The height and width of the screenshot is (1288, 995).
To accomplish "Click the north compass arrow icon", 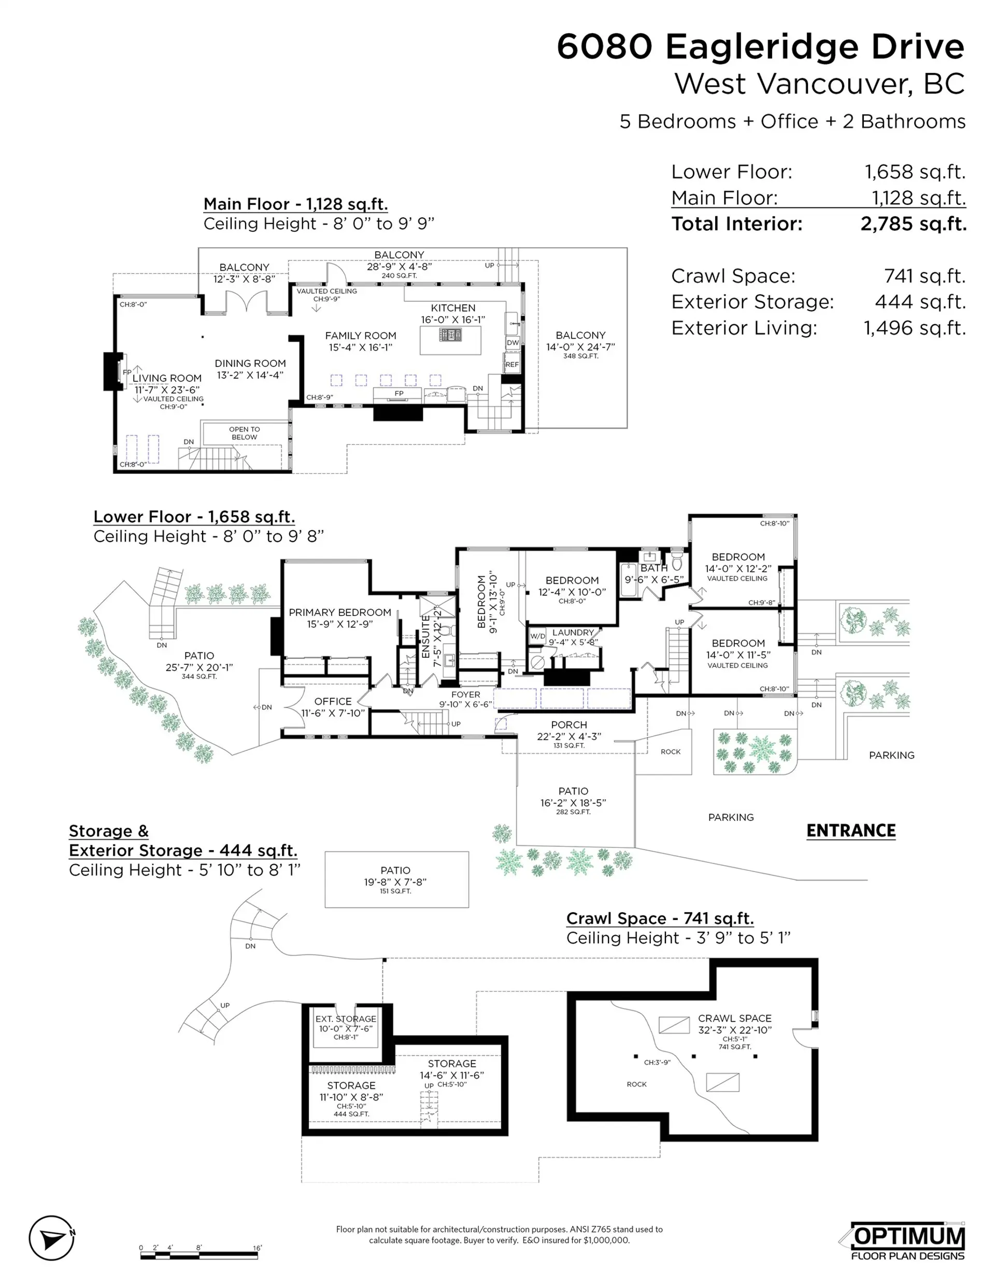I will pyautogui.click(x=52, y=1238).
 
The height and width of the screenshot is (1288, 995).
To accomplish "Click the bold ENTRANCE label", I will pyautogui.click(x=850, y=830).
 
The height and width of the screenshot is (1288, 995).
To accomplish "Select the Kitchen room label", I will pyautogui.click(x=453, y=308).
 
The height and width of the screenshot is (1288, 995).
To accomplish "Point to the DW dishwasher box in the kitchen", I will pyautogui.click(x=513, y=343).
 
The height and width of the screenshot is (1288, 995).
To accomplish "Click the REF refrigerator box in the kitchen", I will pyautogui.click(x=512, y=364).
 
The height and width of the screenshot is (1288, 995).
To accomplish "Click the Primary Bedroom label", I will pyautogui.click(x=340, y=613).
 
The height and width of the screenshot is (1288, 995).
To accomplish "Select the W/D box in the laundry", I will pyautogui.click(x=537, y=636).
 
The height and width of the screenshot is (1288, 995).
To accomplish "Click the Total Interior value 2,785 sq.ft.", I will pyautogui.click(x=913, y=224).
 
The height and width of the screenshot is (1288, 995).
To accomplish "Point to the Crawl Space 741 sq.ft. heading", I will pyautogui.click(x=659, y=918).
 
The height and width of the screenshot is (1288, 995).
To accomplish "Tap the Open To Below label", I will pyautogui.click(x=244, y=433).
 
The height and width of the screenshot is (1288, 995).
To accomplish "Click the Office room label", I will pyautogui.click(x=333, y=701).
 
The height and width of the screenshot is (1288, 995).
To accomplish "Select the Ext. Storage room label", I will pyautogui.click(x=346, y=1018).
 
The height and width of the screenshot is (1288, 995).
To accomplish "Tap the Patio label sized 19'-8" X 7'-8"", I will pyautogui.click(x=395, y=870).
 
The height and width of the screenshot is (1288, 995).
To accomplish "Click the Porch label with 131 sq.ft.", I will pyautogui.click(x=568, y=725).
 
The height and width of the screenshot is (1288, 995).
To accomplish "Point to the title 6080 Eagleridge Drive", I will pyautogui.click(x=760, y=47).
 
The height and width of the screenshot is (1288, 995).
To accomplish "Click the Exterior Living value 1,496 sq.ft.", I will pyautogui.click(x=914, y=328).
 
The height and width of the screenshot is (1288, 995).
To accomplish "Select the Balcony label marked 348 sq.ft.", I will pyautogui.click(x=580, y=335).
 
